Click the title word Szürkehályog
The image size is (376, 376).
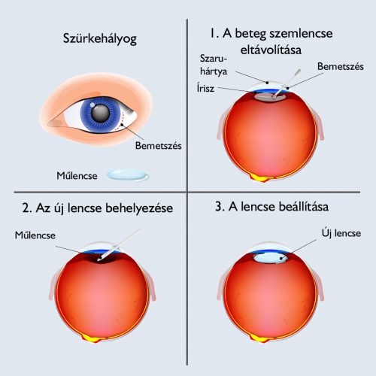coord(100,39)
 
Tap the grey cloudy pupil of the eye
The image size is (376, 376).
coord(101,114)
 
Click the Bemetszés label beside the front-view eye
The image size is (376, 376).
coord(158,146)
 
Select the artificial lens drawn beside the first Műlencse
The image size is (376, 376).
coord(128,174)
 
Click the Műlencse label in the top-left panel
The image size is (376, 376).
coord(77,176)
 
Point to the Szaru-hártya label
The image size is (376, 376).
coord(214,65)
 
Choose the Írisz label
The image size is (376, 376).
coord(205,88)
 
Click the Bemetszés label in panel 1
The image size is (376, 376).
coord(340,66)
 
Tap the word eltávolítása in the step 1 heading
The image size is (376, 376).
coord(271,50)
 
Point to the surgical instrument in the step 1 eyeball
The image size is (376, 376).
coord(287,83)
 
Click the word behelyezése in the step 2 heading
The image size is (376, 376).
coord(139,208)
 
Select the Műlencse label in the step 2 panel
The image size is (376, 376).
coord(35,235)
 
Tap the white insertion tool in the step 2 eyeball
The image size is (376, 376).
coord(120,245)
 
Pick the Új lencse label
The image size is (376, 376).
coord(341,233)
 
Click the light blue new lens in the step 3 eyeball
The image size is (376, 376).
coord(270,258)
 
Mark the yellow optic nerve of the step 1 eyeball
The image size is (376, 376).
coord(262,177)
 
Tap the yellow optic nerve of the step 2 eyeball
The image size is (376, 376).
coord(93,338)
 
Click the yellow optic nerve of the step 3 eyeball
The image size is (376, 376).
coord(262,338)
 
